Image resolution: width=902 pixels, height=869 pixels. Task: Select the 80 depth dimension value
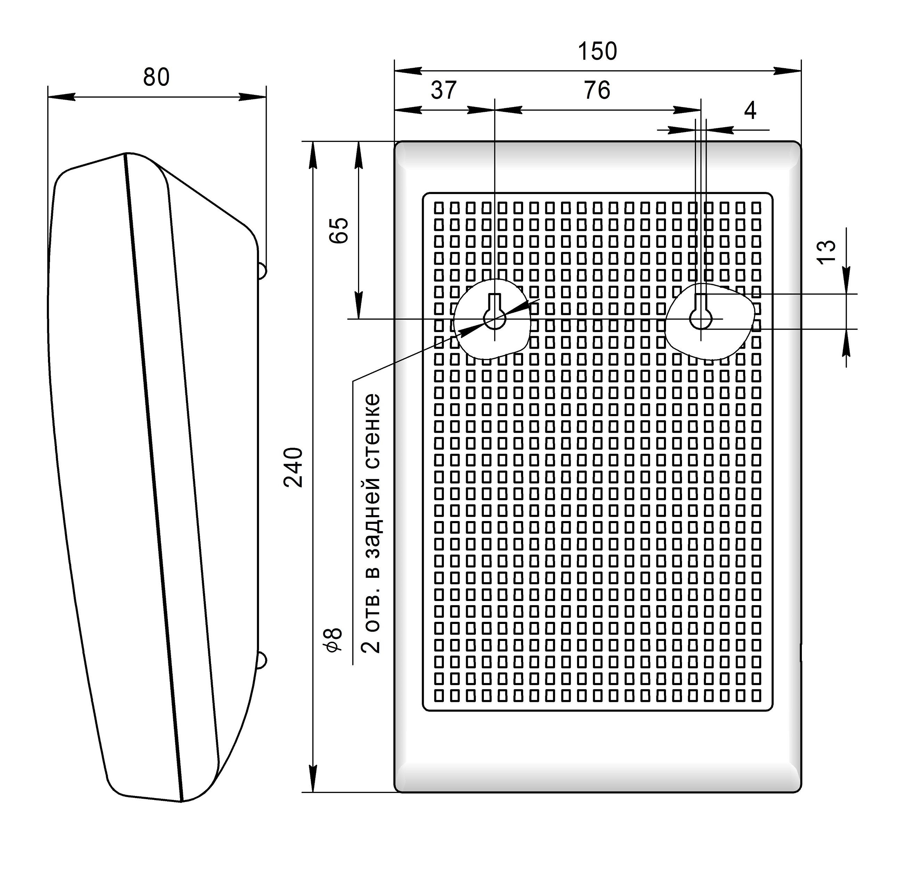tap(156, 77)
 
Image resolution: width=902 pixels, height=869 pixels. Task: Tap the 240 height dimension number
tap(293, 467)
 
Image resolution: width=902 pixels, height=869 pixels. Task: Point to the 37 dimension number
tap(444, 90)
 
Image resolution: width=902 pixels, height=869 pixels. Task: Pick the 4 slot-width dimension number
tap(750, 111)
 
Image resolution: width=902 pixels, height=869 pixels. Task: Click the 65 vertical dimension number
tap(339, 230)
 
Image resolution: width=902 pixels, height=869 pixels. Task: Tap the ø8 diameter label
tap(335, 640)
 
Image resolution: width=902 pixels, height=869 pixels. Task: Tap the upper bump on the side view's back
tap(261, 271)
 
